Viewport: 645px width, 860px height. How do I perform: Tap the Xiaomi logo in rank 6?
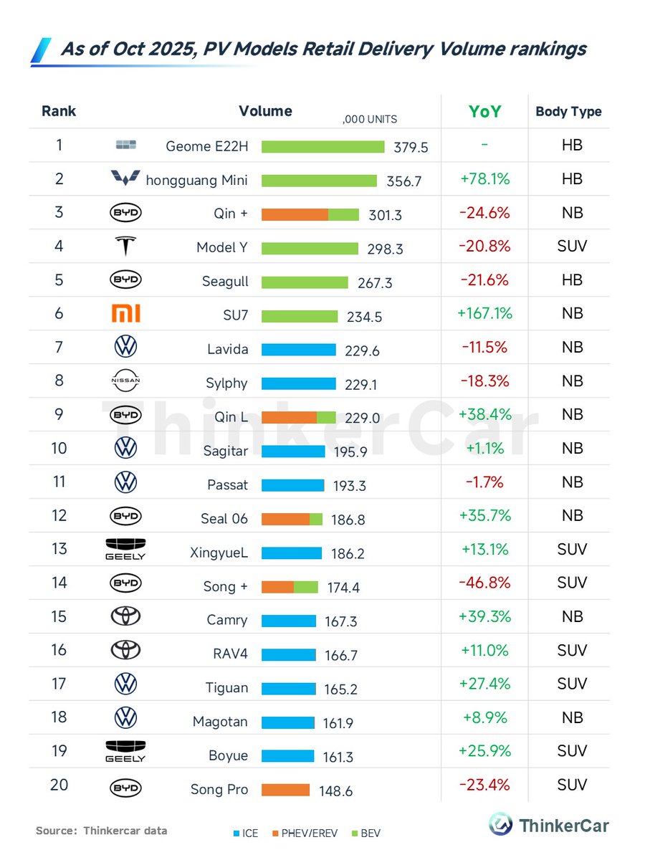(x=125, y=313)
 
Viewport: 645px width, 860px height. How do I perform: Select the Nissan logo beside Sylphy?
(x=125, y=381)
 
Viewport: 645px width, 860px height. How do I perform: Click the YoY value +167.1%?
(x=484, y=313)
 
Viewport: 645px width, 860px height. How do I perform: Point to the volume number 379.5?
(x=411, y=147)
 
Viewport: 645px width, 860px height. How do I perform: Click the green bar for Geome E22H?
(x=322, y=146)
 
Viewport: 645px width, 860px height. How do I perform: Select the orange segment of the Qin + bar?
(x=295, y=214)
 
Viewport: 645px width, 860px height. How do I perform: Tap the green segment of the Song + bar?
(x=306, y=587)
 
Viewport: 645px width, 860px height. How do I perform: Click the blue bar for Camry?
(x=288, y=621)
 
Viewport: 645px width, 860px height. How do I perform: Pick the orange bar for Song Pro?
(x=285, y=790)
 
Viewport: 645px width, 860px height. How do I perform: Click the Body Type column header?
(x=568, y=112)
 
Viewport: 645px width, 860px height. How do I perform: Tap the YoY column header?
(x=484, y=112)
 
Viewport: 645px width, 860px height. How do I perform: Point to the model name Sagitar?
(x=225, y=451)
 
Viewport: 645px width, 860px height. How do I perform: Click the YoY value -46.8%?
(x=484, y=583)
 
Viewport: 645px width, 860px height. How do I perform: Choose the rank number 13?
(x=59, y=548)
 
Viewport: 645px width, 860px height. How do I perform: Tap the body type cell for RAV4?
(x=572, y=651)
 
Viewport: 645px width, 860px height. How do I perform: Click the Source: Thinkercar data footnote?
(x=101, y=831)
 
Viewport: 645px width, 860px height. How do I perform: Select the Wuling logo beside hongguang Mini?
(x=125, y=178)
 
